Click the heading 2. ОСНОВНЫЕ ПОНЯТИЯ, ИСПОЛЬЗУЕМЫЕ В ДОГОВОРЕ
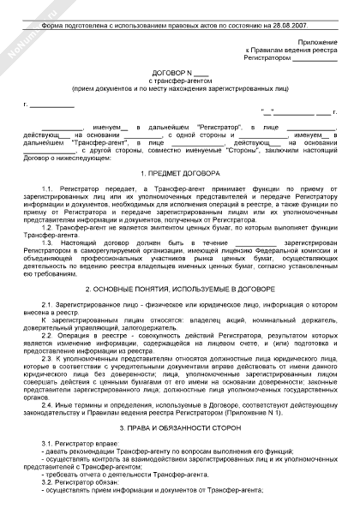click(x=179, y=290)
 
